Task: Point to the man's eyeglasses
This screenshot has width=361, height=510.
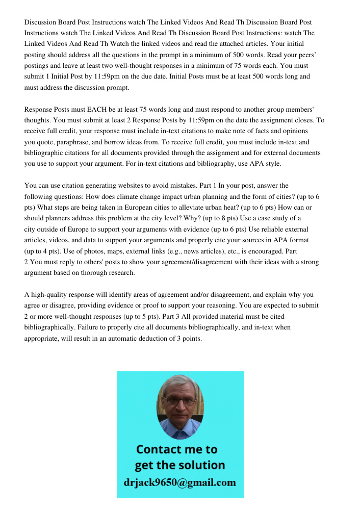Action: pyautogui.click(x=180, y=401)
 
